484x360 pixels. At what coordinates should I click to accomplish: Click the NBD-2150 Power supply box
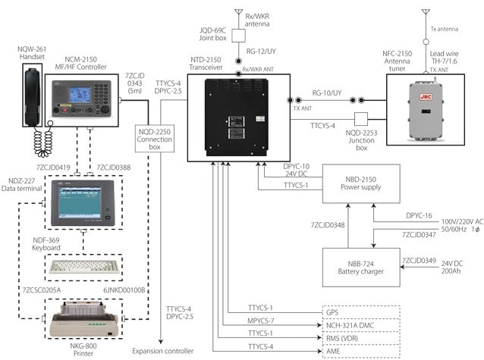[x=361, y=183]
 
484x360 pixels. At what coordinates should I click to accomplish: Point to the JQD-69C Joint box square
[x=237, y=34]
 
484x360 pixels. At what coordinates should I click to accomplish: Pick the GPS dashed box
[x=361, y=311]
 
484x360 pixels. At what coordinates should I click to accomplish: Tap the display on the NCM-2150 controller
[x=80, y=96]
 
